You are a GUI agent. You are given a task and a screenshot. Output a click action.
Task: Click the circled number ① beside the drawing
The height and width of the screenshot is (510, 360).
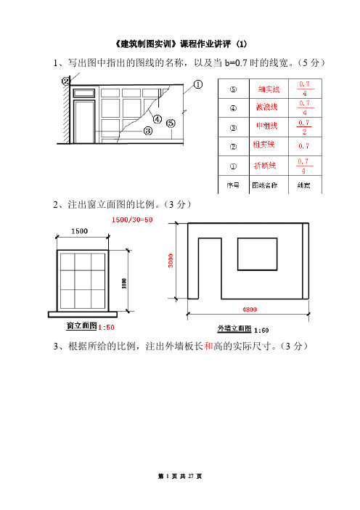pos(197,84)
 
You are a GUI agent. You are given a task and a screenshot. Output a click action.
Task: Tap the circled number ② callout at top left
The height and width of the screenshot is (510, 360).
pos(66,81)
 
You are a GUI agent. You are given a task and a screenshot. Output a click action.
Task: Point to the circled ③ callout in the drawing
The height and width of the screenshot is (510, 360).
pos(147,131)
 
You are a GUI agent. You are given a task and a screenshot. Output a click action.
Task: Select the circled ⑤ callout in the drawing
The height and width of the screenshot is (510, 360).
pos(171,123)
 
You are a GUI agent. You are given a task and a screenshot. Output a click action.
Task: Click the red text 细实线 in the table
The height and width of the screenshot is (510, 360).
pos(266,90)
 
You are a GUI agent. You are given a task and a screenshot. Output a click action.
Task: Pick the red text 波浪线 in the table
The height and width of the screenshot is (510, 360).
pos(266,108)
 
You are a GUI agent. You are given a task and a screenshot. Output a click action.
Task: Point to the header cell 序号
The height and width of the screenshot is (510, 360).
pos(234,185)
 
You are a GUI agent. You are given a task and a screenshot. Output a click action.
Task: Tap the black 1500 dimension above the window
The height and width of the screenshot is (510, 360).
pos(81,231)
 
